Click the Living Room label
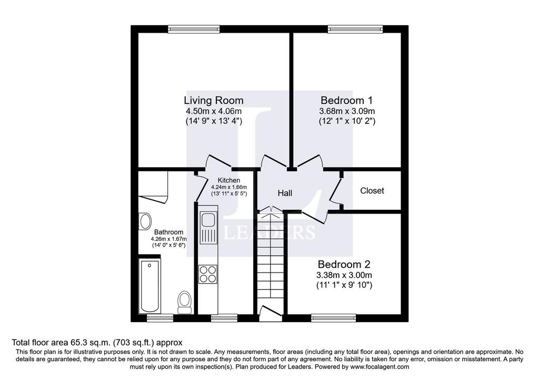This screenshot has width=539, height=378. tap(214, 100)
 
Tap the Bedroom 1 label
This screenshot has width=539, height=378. tap(346, 100)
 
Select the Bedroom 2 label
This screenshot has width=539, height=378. tap(344, 265)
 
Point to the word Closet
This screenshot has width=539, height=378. tap(372, 190)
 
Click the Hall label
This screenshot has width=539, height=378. tap(285, 193)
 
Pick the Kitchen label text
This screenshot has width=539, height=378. tap(229, 180)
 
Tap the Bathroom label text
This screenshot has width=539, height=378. tap(168, 232)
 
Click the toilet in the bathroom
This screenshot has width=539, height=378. tap(185, 302)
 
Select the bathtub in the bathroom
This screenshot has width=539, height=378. tap(150, 286)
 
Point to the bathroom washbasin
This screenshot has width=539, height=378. tap(145, 221)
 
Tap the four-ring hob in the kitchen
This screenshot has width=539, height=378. tap(208, 274)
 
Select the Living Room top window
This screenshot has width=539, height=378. tap(194, 30)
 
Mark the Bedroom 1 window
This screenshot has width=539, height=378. tap(355, 30)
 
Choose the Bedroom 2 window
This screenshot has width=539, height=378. tap(333, 318)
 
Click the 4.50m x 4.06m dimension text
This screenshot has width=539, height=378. tap(214, 111)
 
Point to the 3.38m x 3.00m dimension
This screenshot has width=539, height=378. tap(344, 275)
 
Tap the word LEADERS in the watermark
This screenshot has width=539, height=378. tap(269, 232)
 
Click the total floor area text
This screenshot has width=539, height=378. tap(97, 343)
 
